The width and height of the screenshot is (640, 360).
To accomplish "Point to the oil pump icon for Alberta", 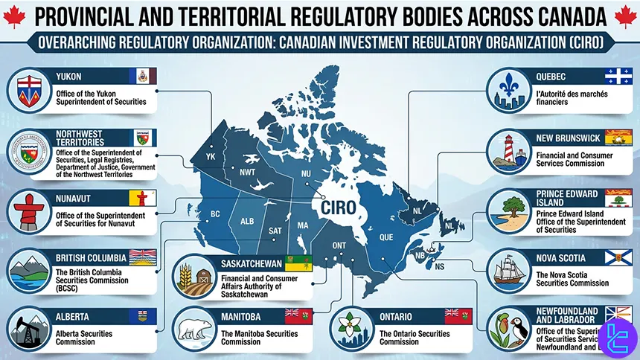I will pos(28,328).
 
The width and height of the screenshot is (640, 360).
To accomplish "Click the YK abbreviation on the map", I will pos(211,157).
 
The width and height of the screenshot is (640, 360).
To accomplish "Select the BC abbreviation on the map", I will pos(216,214).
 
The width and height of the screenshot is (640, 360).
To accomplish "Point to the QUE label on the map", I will pos(386,238).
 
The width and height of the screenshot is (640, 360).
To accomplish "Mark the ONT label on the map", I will pos(339,246).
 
